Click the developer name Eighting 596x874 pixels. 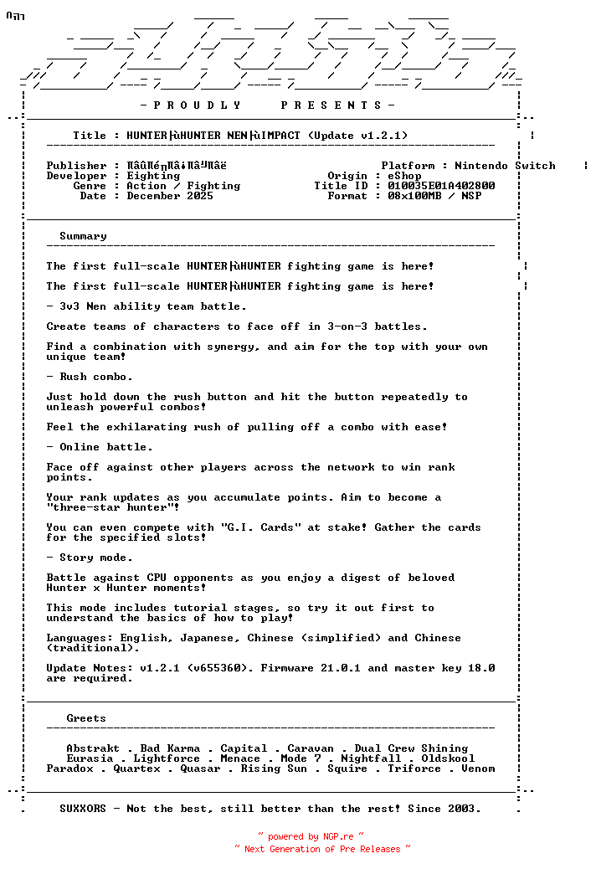[153, 176]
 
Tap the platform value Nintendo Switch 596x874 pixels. [505, 166]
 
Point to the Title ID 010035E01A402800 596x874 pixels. [441, 186]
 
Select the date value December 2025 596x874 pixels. [170, 196]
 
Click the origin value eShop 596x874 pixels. [404, 176]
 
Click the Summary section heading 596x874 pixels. [83, 236]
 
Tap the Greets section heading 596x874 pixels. [86, 718]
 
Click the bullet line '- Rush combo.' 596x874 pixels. [90, 377]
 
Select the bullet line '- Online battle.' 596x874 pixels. [100, 447]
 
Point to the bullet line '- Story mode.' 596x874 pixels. [90, 558]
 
